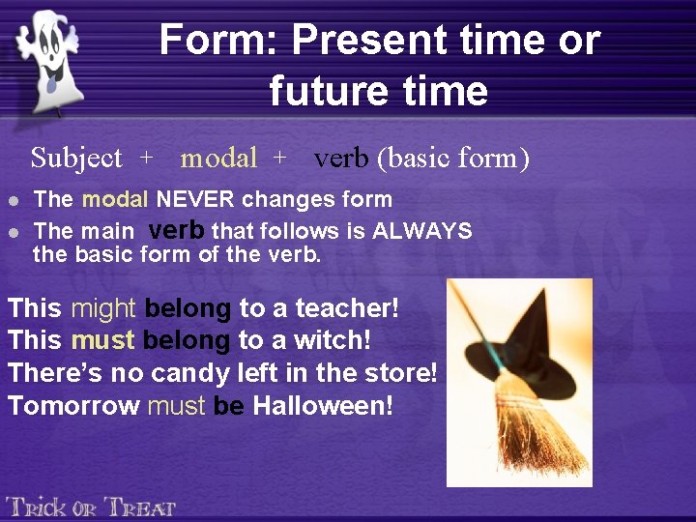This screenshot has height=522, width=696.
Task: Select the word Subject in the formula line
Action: click(x=76, y=158)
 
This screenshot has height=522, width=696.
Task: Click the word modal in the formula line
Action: click(x=218, y=158)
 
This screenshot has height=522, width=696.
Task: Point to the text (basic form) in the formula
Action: click(x=452, y=158)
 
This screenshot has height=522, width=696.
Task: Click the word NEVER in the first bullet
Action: click(x=197, y=200)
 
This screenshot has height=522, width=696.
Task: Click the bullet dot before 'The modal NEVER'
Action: click(x=13, y=201)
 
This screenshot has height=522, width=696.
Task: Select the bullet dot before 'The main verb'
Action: click(x=13, y=232)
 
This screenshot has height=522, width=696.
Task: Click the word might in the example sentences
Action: click(x=103, y=308)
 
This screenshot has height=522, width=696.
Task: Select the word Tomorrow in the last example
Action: click(x=73, y=405)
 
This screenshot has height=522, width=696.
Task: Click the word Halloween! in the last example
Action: click(x=323, y=405)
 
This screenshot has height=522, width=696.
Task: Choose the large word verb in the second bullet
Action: click(x=176, y=230)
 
